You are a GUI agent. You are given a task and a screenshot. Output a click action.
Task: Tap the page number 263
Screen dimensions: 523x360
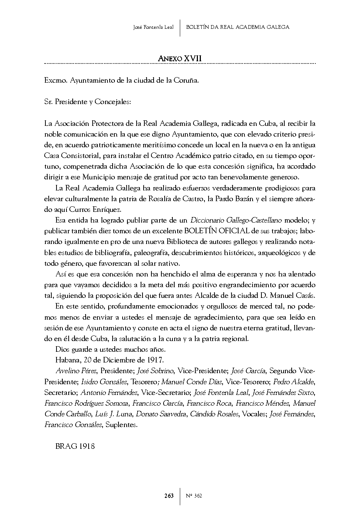169,496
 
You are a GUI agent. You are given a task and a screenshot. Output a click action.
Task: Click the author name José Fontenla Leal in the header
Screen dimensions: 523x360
153,27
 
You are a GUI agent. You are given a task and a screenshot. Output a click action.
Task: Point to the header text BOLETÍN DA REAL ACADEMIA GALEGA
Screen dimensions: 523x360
238,27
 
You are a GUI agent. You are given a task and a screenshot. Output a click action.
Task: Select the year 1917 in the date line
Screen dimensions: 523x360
155,360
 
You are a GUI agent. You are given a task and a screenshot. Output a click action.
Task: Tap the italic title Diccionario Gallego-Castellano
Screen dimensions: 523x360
236,220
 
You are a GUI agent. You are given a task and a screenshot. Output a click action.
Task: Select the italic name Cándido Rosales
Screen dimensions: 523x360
214,414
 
